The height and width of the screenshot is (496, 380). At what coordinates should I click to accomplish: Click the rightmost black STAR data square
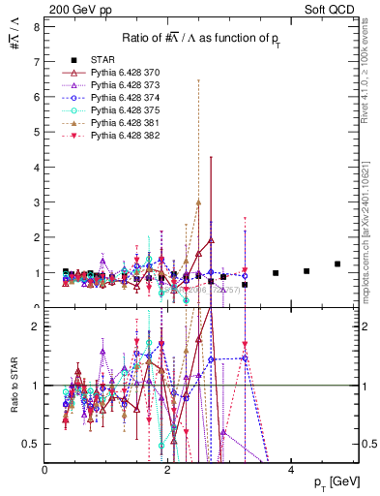point(337,263)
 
